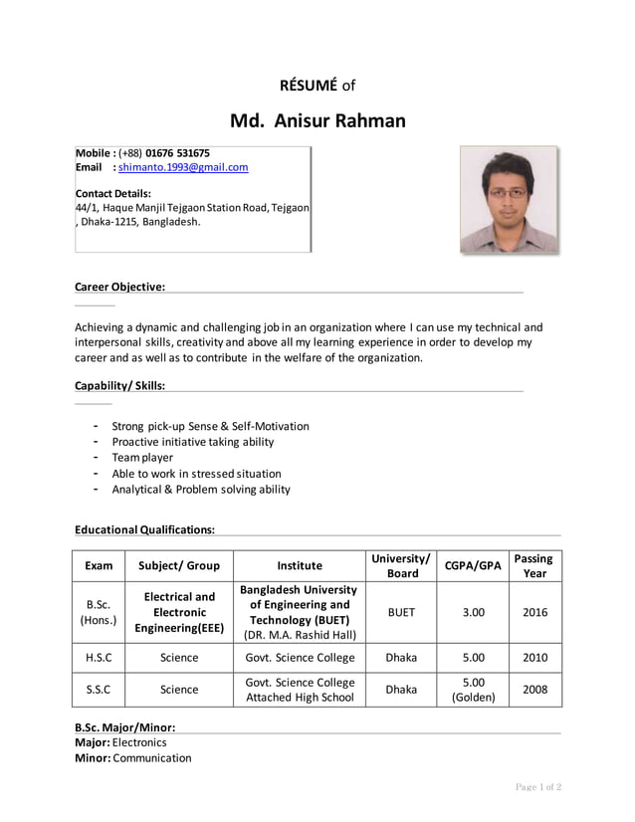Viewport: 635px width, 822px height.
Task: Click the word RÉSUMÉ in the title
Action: (x=309, y=86)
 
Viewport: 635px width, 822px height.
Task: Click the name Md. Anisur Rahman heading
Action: (x=317, y=121)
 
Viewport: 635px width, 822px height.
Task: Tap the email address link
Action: (x=183, y=168)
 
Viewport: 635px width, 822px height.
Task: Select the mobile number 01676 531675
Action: (x=177, y=153)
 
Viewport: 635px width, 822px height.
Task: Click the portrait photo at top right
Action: (x=508, y=199)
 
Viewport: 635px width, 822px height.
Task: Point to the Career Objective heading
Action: (x=119, y=288)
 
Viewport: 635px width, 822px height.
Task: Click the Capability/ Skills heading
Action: (x=119, y=386)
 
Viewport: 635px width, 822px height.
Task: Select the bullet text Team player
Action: (x=142, y=458)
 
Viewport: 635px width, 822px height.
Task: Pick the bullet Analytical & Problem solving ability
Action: (x=201, y=490)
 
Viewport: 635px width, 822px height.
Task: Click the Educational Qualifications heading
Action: (x=144, y=530)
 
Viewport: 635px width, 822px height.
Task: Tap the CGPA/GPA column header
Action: (x=473, y=565)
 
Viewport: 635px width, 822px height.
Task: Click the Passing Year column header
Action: (x=534, y=565)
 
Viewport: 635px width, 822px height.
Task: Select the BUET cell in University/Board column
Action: (x=401, y=612)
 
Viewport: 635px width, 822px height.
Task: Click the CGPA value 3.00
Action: (x=473, y=612)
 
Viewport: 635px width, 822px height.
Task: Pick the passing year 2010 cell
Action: (x=534, y=658)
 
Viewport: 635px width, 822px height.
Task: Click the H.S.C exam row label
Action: (x=99, y=658)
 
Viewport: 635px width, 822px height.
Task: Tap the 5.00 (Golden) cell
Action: (x=473, y=690)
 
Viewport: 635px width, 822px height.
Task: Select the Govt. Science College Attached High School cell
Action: (x=300, y=690)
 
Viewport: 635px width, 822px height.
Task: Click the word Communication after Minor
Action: (x=152, y=758)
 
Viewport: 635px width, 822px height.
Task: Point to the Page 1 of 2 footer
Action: (x=537, y=788)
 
